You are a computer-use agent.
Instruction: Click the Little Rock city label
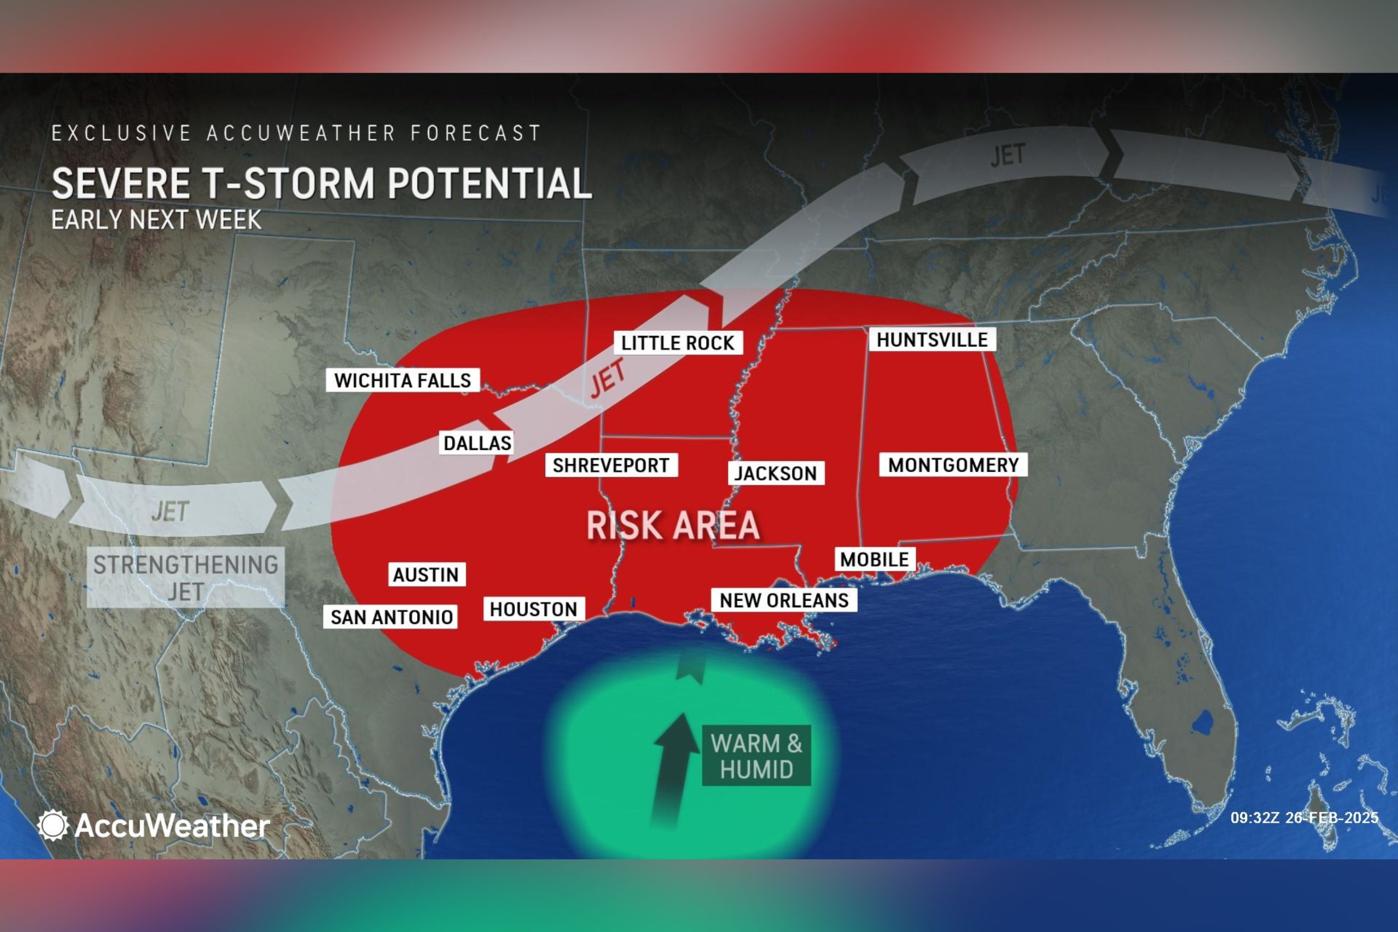(x=678, y=343)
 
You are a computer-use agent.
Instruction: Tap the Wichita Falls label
(x=403, y=380)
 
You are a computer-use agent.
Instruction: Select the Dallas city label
(x=477, y=443)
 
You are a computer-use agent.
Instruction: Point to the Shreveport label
(x=611, y=466)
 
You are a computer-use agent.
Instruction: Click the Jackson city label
(x=776, y=473)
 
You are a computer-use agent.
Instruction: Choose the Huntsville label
(x=932, y=340)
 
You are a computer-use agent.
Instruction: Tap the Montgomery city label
(x=953, y=465)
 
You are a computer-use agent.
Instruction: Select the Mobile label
(x=874, y=559)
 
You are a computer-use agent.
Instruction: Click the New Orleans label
(x=784, y=600)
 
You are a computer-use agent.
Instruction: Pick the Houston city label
(x=533, y=609)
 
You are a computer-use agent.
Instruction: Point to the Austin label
(x=426, y=575)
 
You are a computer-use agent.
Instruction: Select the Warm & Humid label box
(x=756, y=756)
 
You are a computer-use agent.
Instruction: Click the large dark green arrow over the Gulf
(x=673, y=767)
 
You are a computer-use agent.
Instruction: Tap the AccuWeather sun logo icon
(x=53, y=825)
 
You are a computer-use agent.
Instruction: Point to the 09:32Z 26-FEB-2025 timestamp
(x=1304, y=818)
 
